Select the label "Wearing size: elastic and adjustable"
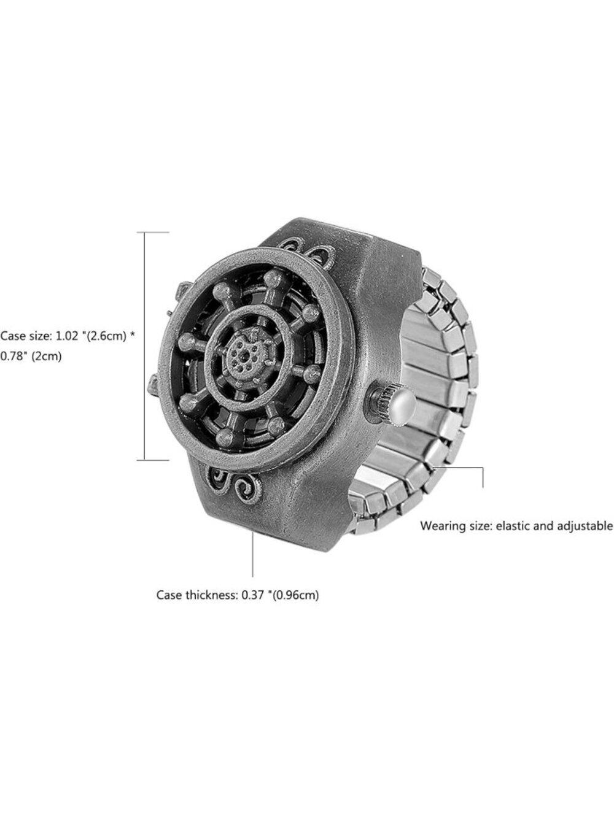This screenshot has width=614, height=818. click(x=517, y=526)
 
